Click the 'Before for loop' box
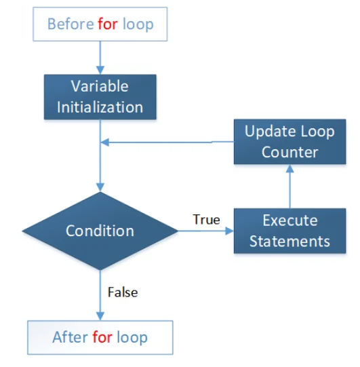(100, 25)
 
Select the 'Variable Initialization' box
(100, 97)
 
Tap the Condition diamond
(100, 231)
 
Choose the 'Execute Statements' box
(289, 231)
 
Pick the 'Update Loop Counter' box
(289, 142)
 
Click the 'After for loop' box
(100, 337)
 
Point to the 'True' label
(206, 220)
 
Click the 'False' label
(122, 292)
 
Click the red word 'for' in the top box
(108, 25)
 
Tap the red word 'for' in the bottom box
(102, 337)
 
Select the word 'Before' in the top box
(71, 25)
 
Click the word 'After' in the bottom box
(70, 337)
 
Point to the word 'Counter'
(289, 152)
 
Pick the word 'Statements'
(289, 242)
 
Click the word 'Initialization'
(100, 107)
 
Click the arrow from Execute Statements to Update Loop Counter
(289, 187)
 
